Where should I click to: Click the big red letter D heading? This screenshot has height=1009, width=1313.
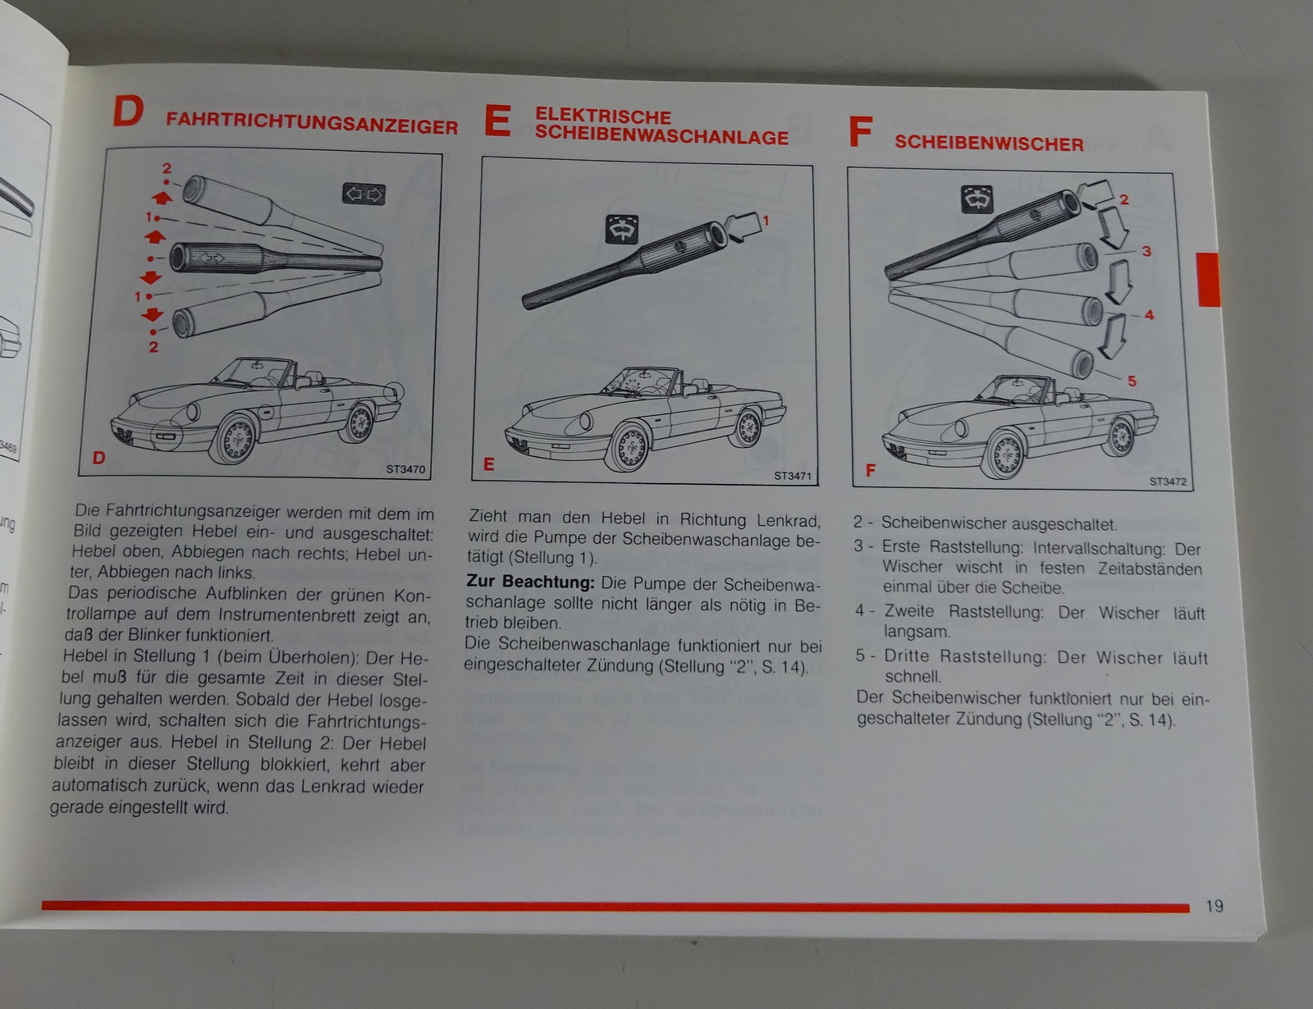[128, 112]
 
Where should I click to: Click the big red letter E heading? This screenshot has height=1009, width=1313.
[497, 121]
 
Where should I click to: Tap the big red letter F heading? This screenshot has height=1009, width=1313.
[860, 132]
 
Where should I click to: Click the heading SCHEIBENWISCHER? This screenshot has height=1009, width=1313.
[989, 144]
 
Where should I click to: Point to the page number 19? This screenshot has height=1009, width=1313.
[1215, 906]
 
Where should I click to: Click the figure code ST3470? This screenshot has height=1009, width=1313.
[405, 470]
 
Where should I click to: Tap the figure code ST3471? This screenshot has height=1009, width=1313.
[793, 476]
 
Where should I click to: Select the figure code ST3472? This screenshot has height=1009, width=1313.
[1168, 482]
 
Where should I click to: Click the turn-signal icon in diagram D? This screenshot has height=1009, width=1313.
[364, 194]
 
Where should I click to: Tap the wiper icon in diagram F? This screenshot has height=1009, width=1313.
[977, 199]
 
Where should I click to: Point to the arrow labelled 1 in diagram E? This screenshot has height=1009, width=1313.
[743, 226]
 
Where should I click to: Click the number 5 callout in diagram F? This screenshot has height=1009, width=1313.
[1132, 381]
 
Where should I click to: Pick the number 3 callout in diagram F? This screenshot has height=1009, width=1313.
[1146, 251]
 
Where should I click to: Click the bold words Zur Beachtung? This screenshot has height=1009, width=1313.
[530, 582]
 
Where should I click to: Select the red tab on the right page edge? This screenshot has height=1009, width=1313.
[1208, 280]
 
